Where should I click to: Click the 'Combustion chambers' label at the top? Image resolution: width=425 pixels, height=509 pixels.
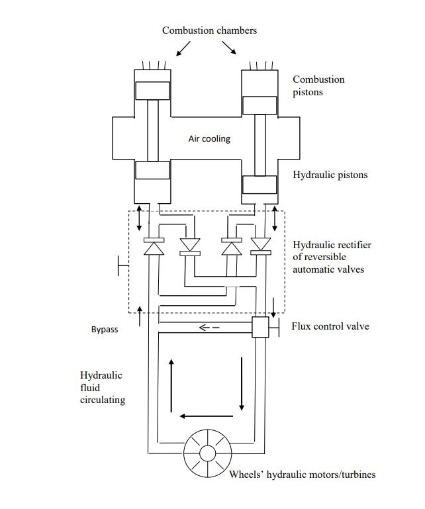point(209,30)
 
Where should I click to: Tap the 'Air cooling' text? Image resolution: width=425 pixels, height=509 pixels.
point(209,138)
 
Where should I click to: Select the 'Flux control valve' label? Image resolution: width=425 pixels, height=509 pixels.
point(330,326)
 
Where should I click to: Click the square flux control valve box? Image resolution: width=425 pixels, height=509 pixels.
point(260,327)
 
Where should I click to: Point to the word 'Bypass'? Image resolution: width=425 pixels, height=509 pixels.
point(105,330)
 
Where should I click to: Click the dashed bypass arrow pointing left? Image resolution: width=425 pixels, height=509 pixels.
point(209,328)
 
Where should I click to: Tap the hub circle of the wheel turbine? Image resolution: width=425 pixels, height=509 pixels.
point(208,453)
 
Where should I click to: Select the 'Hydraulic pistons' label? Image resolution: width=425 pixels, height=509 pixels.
point(330,175)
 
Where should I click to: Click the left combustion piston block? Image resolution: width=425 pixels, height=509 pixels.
point(153,91)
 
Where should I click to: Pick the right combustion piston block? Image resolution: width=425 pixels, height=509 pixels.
point(260,105)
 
